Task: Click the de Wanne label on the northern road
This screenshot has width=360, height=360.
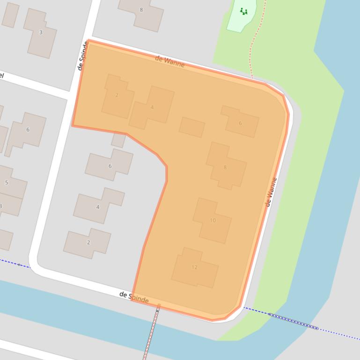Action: click(x=169, y=61)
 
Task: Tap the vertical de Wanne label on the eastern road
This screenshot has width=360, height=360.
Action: click(x=271, y=192)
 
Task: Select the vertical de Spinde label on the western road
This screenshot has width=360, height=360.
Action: click(x=83, y=56)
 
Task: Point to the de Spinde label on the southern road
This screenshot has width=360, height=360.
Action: click(x=134, y=297)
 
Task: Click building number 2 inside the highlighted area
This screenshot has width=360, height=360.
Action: click(x=117, y=96)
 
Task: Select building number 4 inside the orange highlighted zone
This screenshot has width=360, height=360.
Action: click(x=152, y=108)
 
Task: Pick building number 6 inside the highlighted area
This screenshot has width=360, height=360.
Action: click(x=240, y=122)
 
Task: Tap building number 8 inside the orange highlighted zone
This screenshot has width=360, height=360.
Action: click(x=225, y=166)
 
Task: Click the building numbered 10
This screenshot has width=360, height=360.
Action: click(x=213, y=220)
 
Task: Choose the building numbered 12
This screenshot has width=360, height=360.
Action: click(x=194, y=267)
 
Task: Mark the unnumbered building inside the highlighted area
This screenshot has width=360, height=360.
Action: click(x=192, y=127)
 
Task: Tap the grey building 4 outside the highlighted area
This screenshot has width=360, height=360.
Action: click(x=98, y=206)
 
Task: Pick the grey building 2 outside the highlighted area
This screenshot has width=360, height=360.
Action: click(x=88, y=243)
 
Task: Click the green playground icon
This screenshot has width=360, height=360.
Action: click(x=243, y=11)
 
